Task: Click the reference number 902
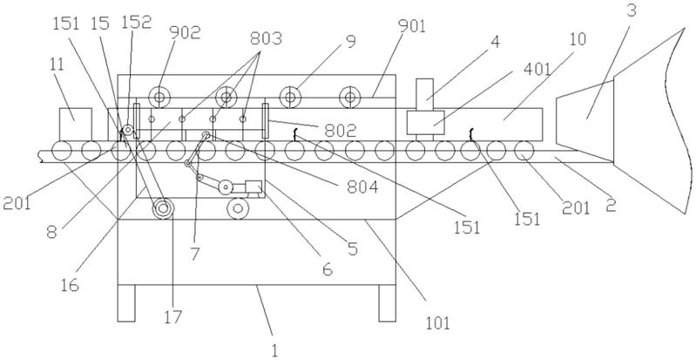point(185,32)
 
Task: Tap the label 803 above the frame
point(266,38)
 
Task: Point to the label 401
point(537,70)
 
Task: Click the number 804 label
point(362,187)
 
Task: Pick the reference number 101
point(437,323)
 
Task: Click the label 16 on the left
point(70,284)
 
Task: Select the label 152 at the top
point(136,22)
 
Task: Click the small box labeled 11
point(76,125)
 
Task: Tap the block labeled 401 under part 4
point(425,122)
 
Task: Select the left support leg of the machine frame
point(126,303)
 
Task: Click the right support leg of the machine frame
point(387,303)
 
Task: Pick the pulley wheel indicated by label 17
point(163,208)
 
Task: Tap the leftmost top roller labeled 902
point(159,97)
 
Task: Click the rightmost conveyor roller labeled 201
point(524,151)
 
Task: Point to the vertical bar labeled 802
point(266,121)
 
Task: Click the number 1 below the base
point(274,350)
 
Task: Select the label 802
point(340,131)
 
